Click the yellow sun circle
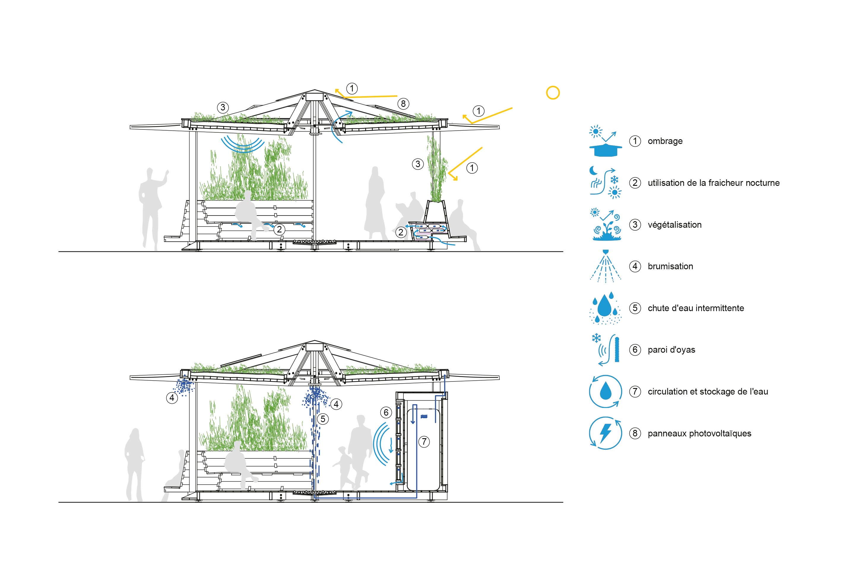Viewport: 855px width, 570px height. pyautogui.click(x=552, y=93)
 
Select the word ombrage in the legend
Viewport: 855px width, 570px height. pyautogui.click(x=665, y=141)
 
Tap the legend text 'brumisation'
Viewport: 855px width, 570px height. pyautogui.click(x=670, y=267)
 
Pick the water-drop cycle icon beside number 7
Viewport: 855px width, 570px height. pyautogui.click(x=605, y=392)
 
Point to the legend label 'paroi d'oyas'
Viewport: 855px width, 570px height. pyautogui.click(x=671, y=350)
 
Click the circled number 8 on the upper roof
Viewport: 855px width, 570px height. pyautogui.click(x=403, y=104)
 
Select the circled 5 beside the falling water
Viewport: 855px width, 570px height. pyautogui.click(x=323, y=419)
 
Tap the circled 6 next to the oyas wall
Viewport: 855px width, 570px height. pyautogui.click(x=386, y=412)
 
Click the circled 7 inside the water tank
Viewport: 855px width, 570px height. pyautogui.click(x=424, y=442)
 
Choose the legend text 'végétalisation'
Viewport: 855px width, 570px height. pyautogui.click(x=674, y=225)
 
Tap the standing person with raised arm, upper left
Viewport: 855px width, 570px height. pyautogui.click(x=152, y=207)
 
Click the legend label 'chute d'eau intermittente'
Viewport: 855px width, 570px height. pyautogui.click(x=695, y=308)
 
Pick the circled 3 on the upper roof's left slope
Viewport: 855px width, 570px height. pyautogui.click(x=223, y=107)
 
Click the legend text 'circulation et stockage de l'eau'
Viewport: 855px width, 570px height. pyautogui.click(x=707, y=392)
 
